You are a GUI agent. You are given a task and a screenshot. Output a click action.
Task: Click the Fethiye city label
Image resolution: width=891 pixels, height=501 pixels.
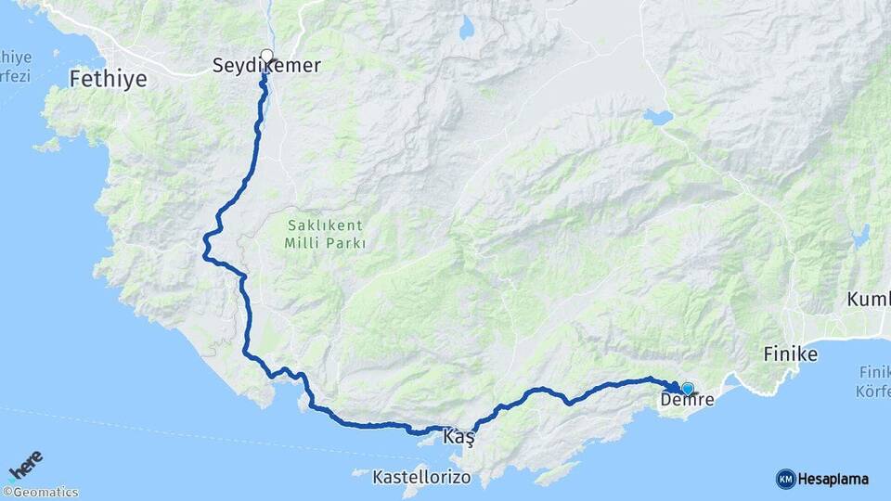(108, 80)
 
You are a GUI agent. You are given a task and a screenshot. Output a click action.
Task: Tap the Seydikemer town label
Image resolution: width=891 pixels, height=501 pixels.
(266, 66)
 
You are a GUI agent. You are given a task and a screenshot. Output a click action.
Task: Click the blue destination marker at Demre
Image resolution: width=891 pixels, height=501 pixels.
(687, 389)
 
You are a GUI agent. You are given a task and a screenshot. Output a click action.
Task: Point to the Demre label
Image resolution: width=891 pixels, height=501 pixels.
(687, 401)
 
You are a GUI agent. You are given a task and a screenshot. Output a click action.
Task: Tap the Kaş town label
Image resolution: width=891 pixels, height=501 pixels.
(461, 436)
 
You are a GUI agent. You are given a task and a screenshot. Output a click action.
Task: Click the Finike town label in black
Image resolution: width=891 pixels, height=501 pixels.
(790, 354)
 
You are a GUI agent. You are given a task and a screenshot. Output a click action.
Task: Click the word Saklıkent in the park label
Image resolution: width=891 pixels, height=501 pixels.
(324, 225)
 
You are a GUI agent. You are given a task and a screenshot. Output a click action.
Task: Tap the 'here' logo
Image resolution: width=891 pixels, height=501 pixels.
(25, 465)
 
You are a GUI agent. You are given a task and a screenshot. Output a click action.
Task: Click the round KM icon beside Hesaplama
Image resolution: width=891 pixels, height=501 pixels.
(786, 479)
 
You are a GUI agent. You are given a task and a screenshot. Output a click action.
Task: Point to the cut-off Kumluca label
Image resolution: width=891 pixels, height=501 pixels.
(869, 300)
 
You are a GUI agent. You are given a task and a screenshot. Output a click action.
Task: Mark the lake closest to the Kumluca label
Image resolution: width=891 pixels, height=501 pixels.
(860, 237)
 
